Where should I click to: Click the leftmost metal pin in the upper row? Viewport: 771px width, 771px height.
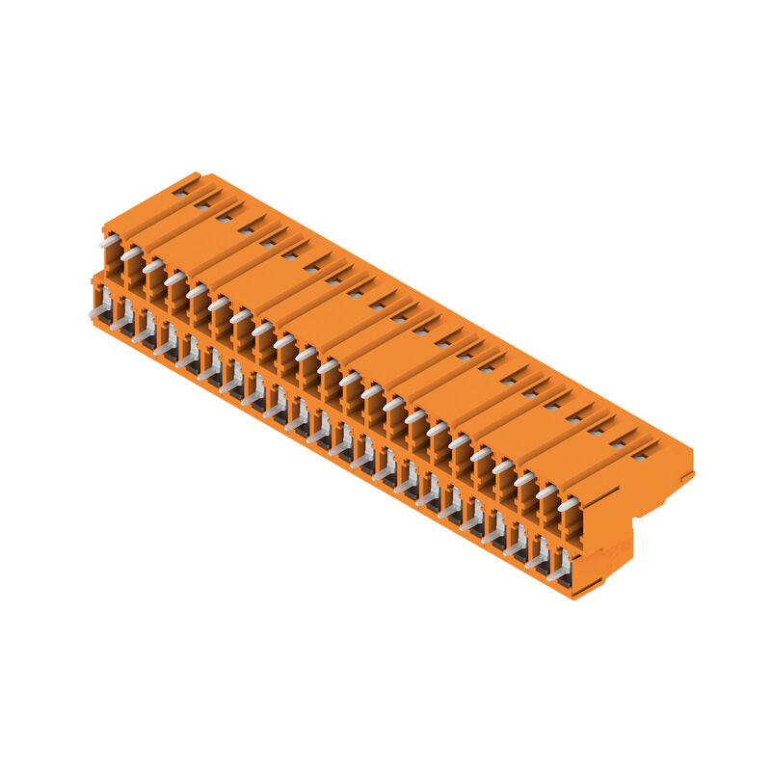pyautogui.click(x=109, y=241)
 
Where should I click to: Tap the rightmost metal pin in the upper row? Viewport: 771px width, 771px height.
pyautogui.click(x=568, y=504)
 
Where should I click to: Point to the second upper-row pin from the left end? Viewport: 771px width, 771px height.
pyautogui.click(x=131, y=253)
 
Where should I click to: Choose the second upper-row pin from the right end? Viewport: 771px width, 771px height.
pyautogui.click(x=545, y=492)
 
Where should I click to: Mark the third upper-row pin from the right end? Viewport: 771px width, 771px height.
pyautogui.click(x=524, y=479)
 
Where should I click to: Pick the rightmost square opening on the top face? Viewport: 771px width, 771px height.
pyautogui.click(x=639, y=456)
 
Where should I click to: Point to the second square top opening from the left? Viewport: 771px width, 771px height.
pyautogui.click(x=202, y=205)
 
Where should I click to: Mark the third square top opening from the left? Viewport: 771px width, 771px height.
pyautogui.click(x=225, y=218)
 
